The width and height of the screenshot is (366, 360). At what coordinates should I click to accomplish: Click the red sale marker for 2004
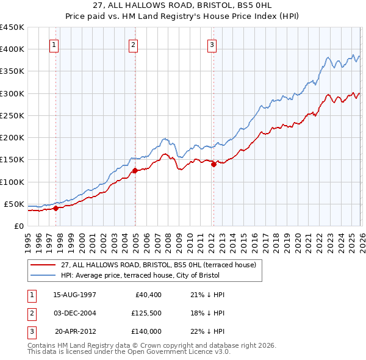pos(135,171)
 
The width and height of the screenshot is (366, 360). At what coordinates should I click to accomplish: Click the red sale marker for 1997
pos(56,208)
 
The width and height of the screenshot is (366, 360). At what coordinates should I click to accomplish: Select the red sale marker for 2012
pos(213,164)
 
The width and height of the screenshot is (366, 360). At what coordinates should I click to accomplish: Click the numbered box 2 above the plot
pos(134,44)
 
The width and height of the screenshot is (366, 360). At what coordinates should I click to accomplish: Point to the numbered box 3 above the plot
pos(212,44)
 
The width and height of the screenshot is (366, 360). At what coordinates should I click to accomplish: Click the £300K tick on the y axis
pos(12,93)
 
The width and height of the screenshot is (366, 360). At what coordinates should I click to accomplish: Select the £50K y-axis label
pos(14,204)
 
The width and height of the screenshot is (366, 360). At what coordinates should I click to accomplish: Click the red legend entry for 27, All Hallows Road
pos(162,265)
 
